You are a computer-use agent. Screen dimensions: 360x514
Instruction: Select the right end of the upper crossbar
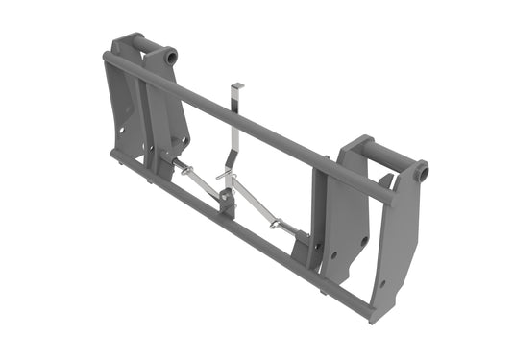coord(388,197)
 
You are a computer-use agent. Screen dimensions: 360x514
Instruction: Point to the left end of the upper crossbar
coord(108,59)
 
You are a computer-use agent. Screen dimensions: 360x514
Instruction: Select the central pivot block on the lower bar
coord(228,204)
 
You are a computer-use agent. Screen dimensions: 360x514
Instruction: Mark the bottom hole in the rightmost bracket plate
coord(383,283)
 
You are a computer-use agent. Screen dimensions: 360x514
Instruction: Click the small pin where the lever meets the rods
coord(224,177)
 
